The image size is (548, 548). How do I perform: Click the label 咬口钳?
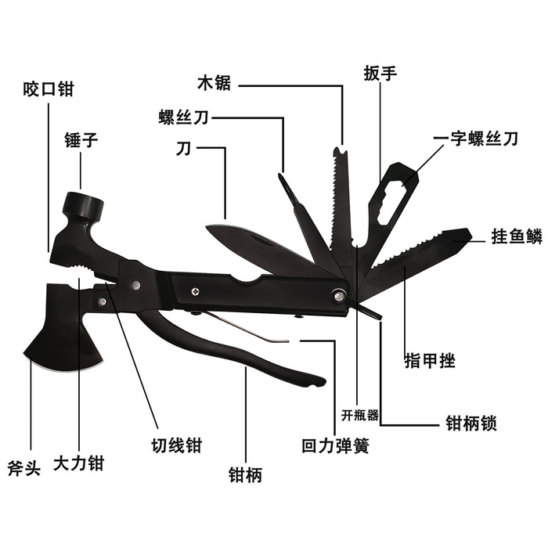click(48, 88)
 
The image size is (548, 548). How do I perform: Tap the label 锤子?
click(81, 141)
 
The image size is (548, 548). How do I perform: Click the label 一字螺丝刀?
click(476, 139)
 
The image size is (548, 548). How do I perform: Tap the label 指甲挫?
click(431, 361)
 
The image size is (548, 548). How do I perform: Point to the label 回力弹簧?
click(335, 446)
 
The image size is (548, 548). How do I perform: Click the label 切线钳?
click(177, 445)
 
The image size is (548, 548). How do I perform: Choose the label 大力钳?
click(78, 463)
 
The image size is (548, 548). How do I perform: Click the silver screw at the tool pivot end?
click(339, 295)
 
